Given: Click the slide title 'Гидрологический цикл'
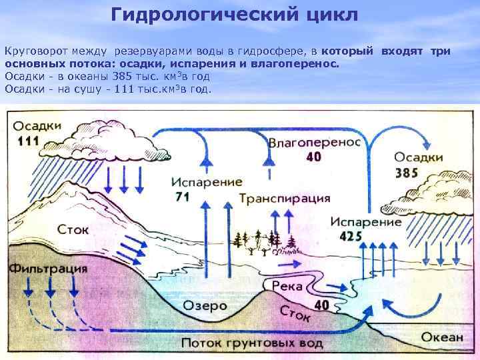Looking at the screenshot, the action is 234,15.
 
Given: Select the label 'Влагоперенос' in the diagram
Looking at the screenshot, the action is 315,143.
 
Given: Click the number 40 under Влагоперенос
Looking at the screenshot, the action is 313,157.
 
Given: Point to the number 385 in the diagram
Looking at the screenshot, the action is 407,173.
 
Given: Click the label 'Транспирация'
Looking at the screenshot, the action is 285,198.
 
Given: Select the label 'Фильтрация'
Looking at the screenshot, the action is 48,269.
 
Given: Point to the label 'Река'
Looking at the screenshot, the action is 286,287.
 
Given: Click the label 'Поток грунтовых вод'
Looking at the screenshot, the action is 252,343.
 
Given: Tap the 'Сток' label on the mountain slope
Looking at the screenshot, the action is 73,229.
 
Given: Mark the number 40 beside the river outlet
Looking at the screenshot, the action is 322,305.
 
